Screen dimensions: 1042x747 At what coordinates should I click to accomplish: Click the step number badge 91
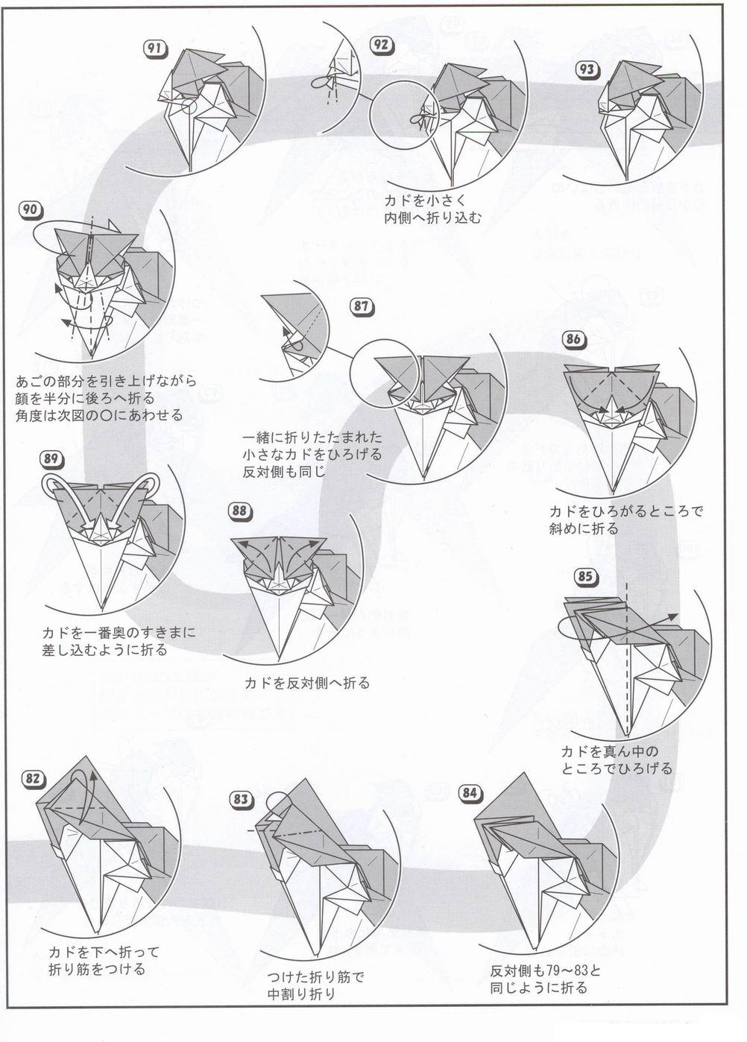point(154,49)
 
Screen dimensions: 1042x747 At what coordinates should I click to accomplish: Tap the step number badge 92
point(382,45)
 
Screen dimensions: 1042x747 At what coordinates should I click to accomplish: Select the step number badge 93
point(587,69)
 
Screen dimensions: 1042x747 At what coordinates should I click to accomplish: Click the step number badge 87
point(362,306)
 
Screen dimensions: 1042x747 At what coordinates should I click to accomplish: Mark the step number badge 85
point(585,575)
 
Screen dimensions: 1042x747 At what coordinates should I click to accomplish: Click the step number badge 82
point(32,779)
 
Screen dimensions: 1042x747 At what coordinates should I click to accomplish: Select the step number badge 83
point(241,799)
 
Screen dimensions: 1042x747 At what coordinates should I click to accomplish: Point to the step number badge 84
point(469,792)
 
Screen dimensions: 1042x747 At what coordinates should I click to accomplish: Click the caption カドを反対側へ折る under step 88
point(306,683)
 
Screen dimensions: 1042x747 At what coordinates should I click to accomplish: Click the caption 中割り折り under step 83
point(301,994)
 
